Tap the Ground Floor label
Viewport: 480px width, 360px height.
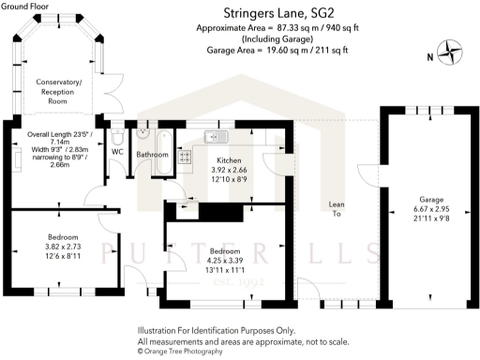point(25,7)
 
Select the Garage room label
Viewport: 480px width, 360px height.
point(430,200)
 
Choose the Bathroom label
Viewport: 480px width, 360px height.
point(152,154)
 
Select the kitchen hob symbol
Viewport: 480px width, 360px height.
point(185,157)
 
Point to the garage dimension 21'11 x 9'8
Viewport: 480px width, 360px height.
point(430,218)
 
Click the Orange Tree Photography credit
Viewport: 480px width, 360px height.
point(180,352)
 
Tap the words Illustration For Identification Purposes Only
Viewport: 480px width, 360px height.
point(216,331)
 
